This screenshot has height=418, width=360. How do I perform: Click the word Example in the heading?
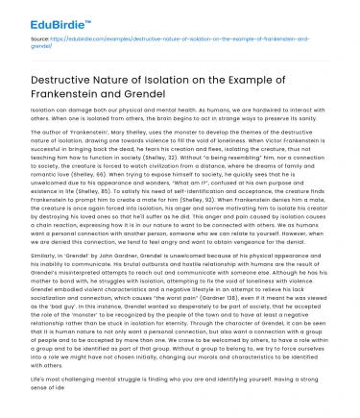click(289, 81)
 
